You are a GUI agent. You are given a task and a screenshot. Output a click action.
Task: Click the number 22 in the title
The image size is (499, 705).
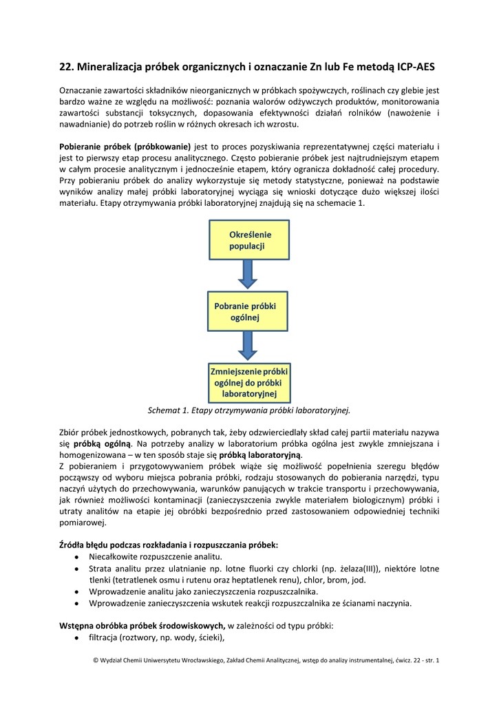click(66, 67)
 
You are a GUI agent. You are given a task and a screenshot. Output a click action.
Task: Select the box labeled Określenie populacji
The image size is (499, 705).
click(249, 240)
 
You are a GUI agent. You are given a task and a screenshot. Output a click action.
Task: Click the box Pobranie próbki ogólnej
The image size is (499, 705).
click(248, 311)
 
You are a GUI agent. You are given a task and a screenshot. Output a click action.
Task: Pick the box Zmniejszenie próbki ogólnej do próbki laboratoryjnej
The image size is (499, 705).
click(249, 383)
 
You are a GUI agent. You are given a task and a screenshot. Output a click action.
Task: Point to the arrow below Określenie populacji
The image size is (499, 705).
click(248, 274)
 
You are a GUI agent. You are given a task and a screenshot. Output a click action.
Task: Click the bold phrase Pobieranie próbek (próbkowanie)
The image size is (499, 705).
click(125, 147)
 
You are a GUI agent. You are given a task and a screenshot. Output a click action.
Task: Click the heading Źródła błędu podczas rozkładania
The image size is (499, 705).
click(169, 545)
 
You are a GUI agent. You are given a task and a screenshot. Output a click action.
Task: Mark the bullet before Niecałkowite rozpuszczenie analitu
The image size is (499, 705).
click(76, 556)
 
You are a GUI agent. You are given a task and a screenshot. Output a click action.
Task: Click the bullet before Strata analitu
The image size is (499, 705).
click(76, 569)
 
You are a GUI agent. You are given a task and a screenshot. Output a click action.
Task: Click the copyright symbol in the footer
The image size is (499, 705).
click(95, 661)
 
